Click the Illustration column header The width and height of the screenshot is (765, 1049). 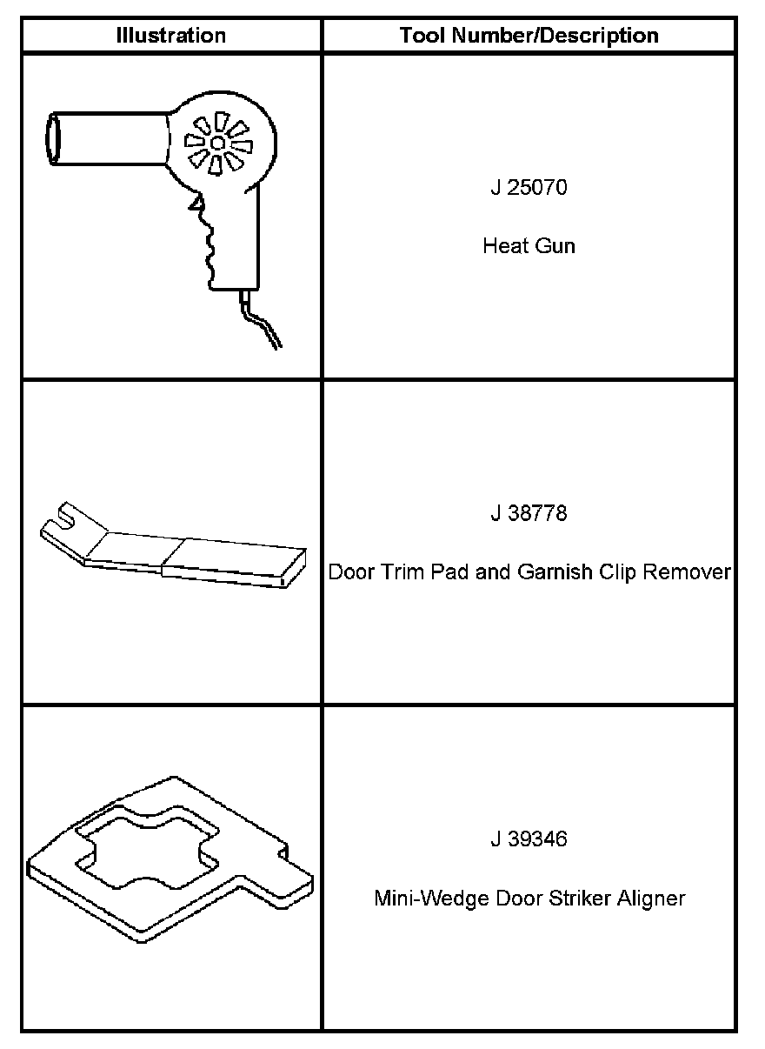(171, 36)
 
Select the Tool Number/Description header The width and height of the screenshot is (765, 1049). (529, 36)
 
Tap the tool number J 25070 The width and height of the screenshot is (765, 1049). (529, 187)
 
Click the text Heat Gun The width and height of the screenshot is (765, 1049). (529, 246)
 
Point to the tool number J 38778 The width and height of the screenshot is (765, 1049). (529, 513)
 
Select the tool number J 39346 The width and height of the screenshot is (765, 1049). (529, 839)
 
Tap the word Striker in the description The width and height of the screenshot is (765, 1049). (580, 898)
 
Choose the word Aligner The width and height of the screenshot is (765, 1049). (652, 898)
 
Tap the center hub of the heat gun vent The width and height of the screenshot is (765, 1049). (216, 142)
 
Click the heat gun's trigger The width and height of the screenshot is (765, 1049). (199, 204)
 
